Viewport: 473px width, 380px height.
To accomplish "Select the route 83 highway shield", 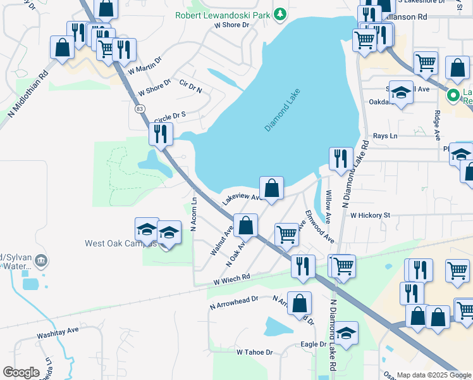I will pos(138,108).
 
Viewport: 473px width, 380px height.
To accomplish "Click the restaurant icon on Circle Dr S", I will pos(161,134).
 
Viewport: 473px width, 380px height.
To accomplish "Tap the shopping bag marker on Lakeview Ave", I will pos(271,188).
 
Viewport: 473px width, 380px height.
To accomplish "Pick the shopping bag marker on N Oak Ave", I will pos(245,225).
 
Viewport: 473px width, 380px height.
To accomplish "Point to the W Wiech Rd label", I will pos(231,277).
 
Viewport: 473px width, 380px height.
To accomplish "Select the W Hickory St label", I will pos(370,215).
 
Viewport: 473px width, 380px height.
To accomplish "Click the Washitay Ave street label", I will pos(58,330).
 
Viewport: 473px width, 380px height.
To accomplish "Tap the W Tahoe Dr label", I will pos(254,351).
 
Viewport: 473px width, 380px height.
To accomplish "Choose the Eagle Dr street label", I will pos(313,344).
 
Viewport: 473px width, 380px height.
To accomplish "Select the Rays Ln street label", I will pos(384,136).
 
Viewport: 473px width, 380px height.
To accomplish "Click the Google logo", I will pos(21,372).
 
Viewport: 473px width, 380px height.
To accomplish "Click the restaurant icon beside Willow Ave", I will pos(341,159).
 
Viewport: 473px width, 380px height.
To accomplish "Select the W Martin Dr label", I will pos(144,65).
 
